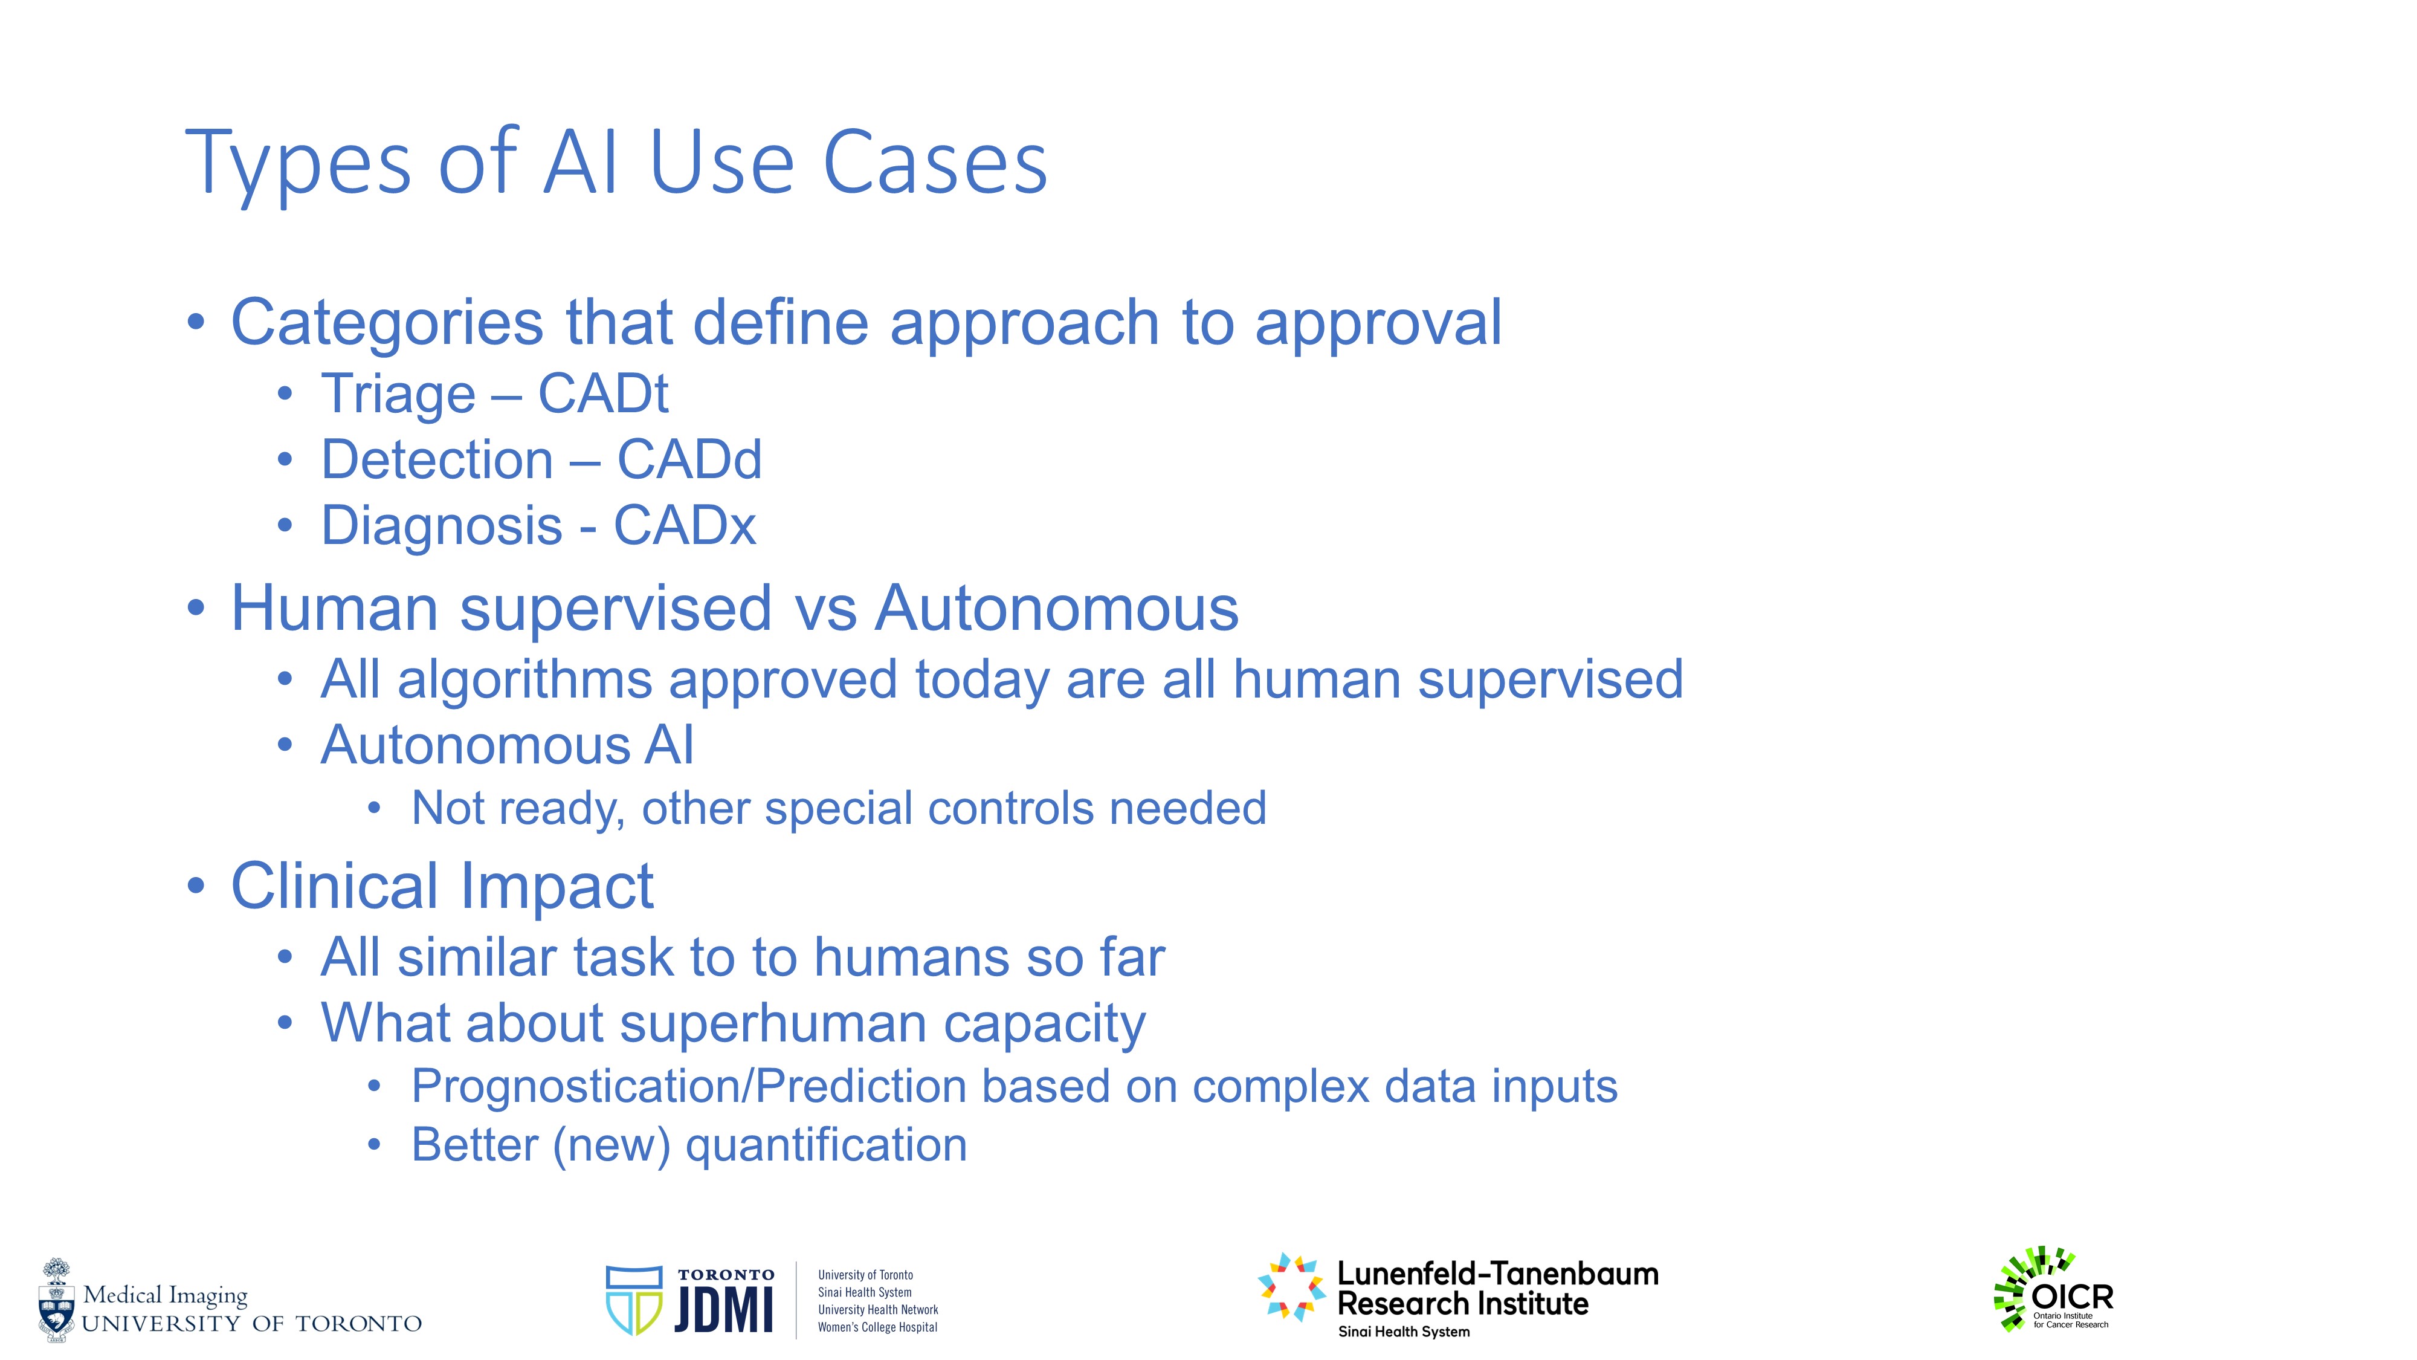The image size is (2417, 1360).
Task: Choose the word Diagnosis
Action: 442,526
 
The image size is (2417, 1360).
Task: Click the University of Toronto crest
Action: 56,1300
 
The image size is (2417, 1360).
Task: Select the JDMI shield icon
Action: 634,1300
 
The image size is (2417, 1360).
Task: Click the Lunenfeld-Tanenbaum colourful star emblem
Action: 1291,1287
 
